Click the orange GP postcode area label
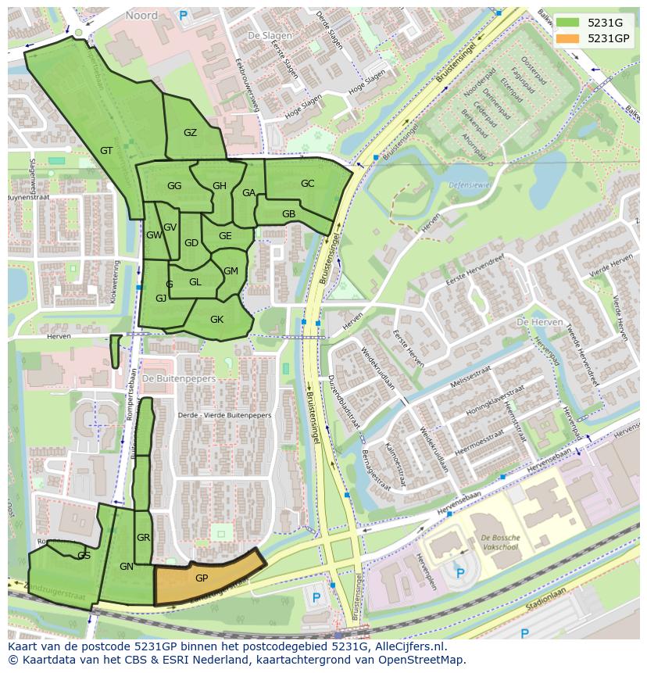pos(202,578)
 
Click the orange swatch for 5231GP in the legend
pos(568,38)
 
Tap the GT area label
pos(106,151)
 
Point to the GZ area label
pos(190,133)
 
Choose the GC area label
pos(307,184)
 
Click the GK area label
pos(216,319)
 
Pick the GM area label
pos(231,271)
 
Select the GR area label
pos(143,538)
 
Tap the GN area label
pos(127,567)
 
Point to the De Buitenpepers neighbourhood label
pos(179,378)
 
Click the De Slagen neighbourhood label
pos(264,36)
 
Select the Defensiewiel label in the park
pos(469,185)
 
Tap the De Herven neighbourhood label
pos(535,322)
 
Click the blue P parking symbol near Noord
pos(184,14)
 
